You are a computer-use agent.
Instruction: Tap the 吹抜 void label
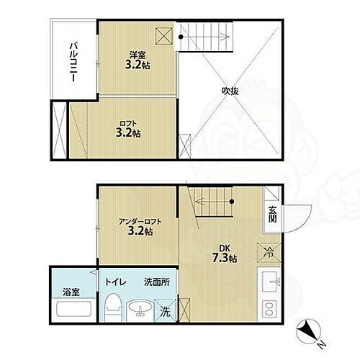(x=230, y=91)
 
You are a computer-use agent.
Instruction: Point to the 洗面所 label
(x=156, y=283)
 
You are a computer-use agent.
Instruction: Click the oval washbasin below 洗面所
(x=140, y=310)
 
